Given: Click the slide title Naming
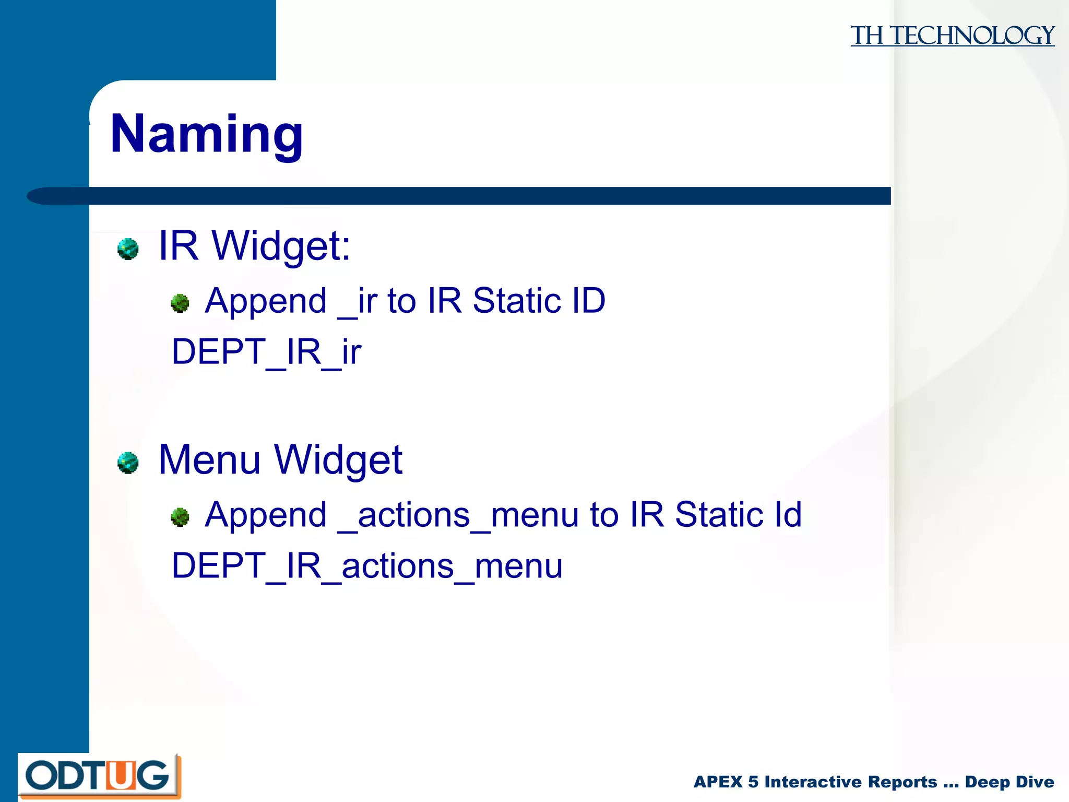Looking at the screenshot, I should coord(207,134).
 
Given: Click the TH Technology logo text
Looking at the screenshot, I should coord(952,36).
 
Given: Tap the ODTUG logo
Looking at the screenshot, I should coord(99,776).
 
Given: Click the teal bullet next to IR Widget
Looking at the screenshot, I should coord(128,249).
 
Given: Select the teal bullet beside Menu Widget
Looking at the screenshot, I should coord(128,463).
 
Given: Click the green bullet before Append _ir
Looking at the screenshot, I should coord(180,303).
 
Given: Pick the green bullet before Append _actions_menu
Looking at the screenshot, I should coord(180,517).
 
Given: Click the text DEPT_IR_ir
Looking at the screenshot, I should coord(266,352).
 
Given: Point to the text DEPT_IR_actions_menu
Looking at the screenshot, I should coord(367,566).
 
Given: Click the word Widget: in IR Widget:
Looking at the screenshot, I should coord(281,245).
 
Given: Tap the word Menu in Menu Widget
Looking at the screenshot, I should coord(209,459).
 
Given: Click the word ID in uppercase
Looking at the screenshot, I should coord(588,301).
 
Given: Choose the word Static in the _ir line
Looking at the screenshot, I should coord(516,301).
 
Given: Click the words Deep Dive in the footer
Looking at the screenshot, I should coord(1009,782).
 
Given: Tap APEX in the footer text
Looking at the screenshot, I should coord(718,782).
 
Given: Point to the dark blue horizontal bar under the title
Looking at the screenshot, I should coord(470,196).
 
